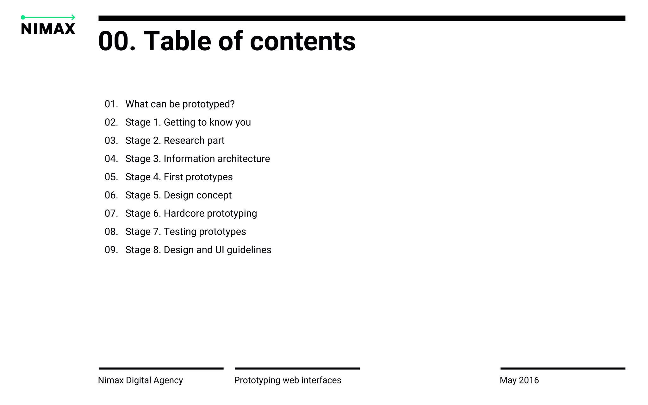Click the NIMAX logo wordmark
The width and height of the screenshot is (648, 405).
tap(48, 29)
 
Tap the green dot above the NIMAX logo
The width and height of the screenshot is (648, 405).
tap(23, 17)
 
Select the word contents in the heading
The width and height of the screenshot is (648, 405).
tap(302, 41)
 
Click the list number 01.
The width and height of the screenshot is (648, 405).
tap(111, 104)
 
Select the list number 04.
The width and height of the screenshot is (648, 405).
tap(111, 159)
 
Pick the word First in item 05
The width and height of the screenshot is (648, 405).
tap(173, 177)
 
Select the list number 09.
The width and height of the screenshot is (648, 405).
tap(111, 250)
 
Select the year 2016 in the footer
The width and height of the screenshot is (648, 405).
tap(529, 380)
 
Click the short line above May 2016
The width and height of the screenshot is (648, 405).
tap(563, 369)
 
